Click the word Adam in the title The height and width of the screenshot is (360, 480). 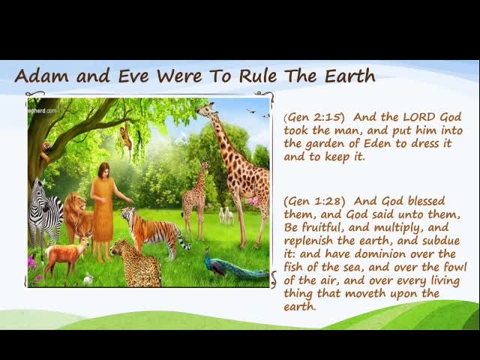(42, 76)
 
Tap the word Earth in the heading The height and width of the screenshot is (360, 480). (350, 76)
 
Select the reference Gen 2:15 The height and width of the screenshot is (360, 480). (314, 117)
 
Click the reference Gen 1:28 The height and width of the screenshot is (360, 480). (314, 201)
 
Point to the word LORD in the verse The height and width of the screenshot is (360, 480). (420, 117)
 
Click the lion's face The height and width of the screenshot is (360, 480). (76, 203)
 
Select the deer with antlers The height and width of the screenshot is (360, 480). (67, 254)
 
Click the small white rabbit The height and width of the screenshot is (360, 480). (88, 278)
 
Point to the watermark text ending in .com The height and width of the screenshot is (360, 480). (42, 111)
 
